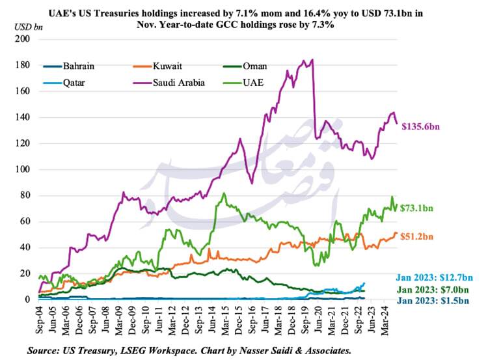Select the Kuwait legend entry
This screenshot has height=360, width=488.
click(x=168, y=66)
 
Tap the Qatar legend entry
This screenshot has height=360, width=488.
click(x=75, y=83)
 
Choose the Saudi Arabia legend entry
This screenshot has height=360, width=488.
click(x=182, y=83)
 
